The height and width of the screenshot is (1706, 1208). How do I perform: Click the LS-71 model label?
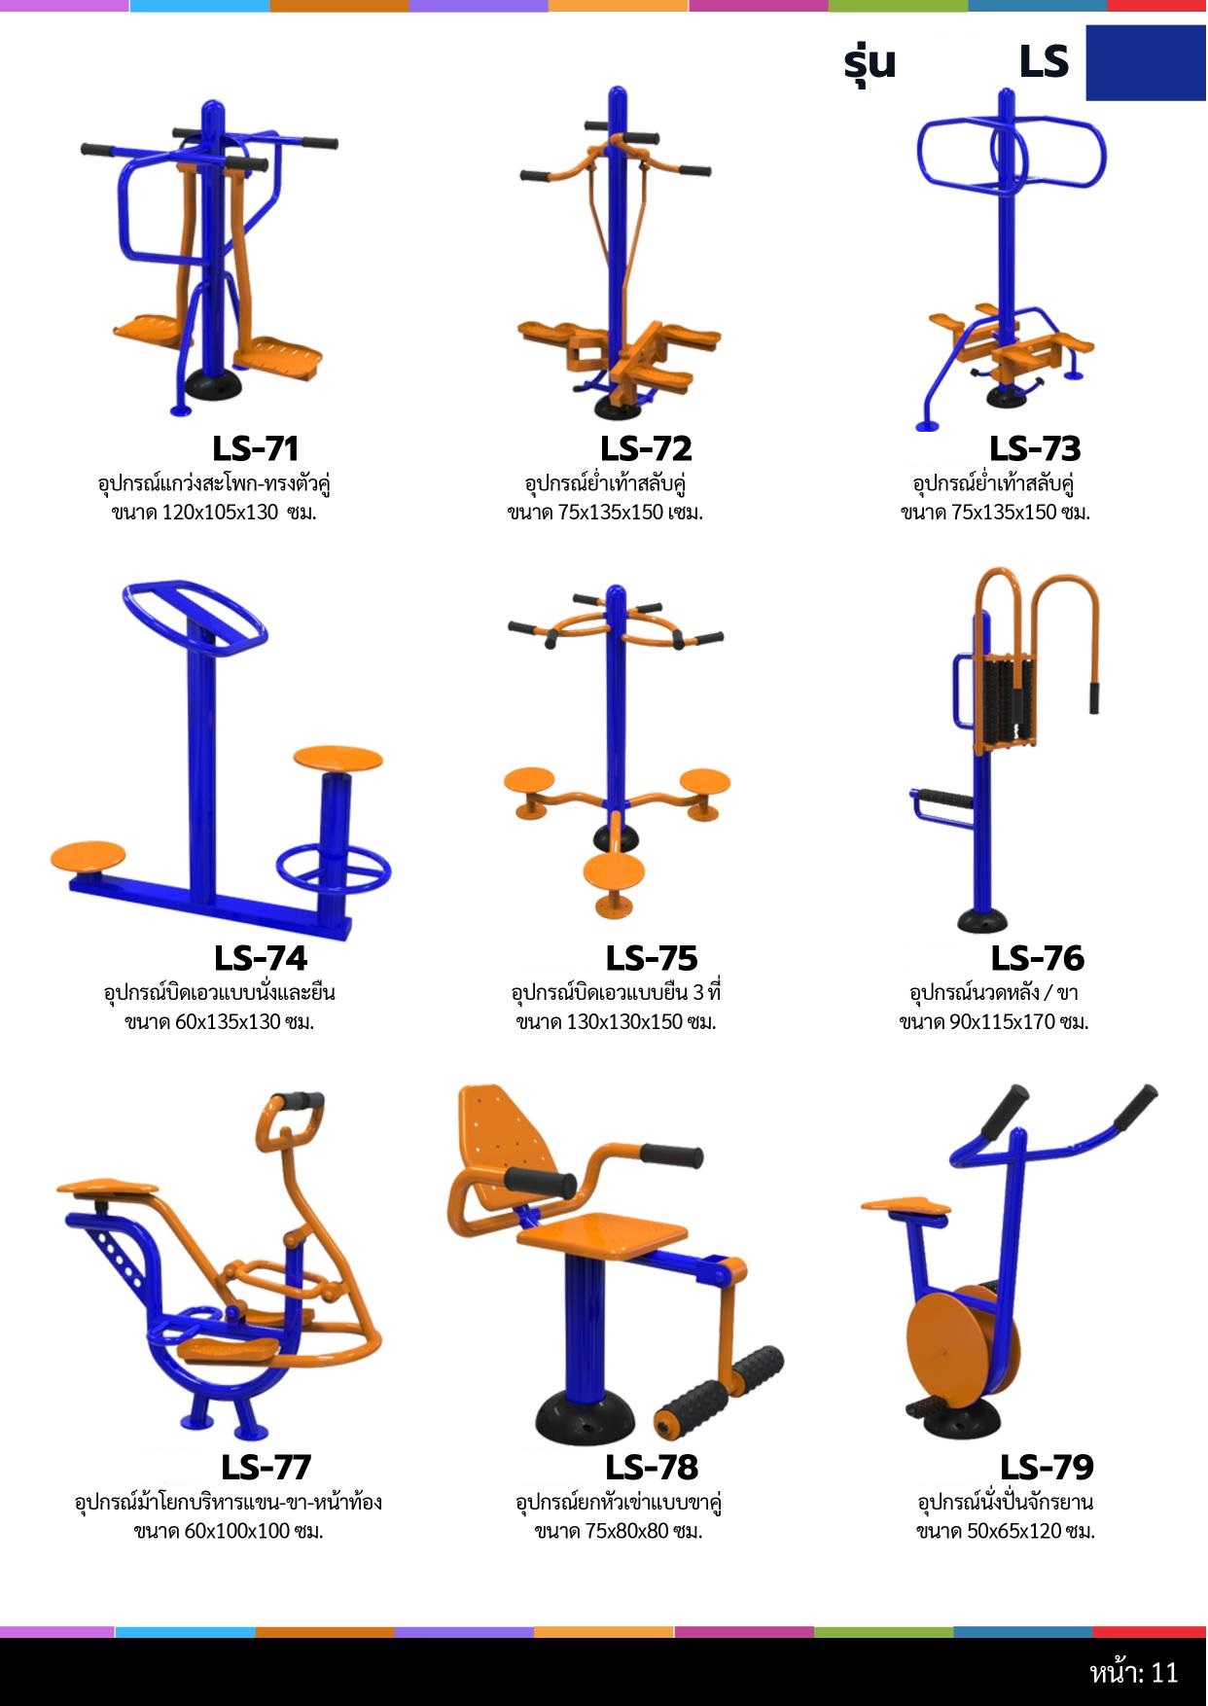click(255, 448)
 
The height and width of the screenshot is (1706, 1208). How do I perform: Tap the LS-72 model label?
click(646, 448)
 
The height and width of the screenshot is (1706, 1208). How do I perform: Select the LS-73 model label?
click(1035, 448)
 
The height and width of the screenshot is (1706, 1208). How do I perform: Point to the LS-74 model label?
click(261, 958)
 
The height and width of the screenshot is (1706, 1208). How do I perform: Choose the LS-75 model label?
click(652, 958)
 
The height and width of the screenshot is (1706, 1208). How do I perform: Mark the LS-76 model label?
click(1038, 958)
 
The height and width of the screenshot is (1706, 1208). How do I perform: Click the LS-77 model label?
click(266, 1467)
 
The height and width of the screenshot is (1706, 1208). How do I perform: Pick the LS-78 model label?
click(652, 1467)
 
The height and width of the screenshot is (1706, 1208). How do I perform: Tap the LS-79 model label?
click(1047, 1467)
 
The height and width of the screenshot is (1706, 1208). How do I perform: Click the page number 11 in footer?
click(1164, 1673)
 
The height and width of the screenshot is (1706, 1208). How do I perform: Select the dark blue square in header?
click(1146, 62)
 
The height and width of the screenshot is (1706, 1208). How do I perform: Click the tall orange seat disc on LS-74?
click(338, 758)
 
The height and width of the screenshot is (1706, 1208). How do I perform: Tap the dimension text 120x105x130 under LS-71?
click(221, 513)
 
